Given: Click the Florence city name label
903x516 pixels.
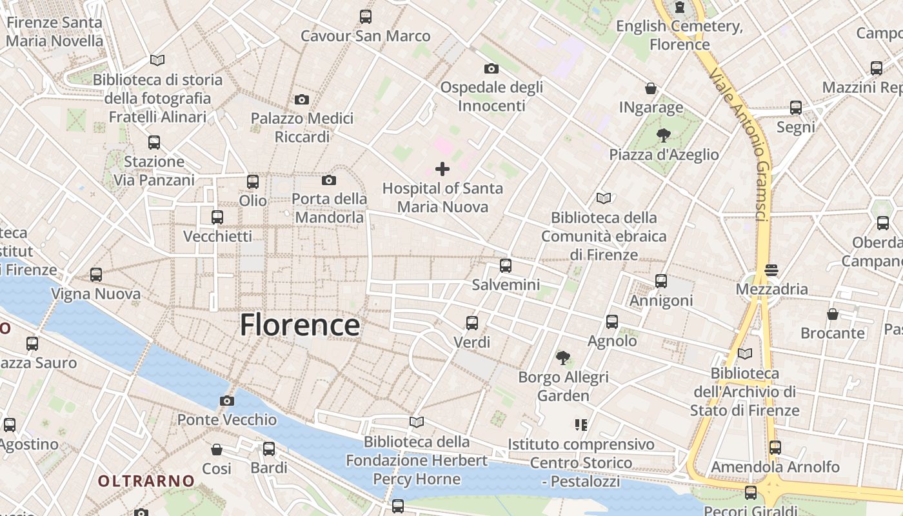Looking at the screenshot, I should [x=300, y=324].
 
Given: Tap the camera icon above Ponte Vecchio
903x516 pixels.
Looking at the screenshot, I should [x=226, y=401].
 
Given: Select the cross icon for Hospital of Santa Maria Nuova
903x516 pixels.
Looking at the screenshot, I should [x=442, y=169].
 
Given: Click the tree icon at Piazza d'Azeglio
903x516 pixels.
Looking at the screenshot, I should [x=663, y=135].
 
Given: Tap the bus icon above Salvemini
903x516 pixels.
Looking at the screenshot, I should [x=506, y=265].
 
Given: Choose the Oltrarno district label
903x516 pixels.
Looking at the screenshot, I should [x=146, y=481].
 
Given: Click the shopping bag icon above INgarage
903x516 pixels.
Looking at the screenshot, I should [x=651, y=88].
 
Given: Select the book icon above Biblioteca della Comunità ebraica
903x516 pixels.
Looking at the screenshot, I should [x=604, y=198].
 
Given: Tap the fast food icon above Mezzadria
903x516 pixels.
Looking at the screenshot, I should [x=771, y=270].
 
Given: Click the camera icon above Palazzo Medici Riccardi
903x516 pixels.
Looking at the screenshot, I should [x=301, y=99].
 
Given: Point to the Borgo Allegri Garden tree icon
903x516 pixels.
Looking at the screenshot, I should [x=563, y=357].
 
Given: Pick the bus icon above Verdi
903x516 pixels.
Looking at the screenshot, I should [x=472, y=322].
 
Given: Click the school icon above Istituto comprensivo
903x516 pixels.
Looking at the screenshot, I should [x=580, y=425].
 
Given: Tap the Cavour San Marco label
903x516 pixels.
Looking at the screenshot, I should [x=365, y=35].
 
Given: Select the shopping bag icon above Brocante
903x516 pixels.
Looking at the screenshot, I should [x=833, y=314].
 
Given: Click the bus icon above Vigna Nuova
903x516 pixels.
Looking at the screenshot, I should [x=96, y=275].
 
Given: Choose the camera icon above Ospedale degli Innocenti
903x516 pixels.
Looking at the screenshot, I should [x=491, y=68].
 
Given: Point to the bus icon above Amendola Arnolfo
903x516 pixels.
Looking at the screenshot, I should [x=775, y=447].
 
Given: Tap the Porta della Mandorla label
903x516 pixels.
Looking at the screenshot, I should [x=329, y=208].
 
